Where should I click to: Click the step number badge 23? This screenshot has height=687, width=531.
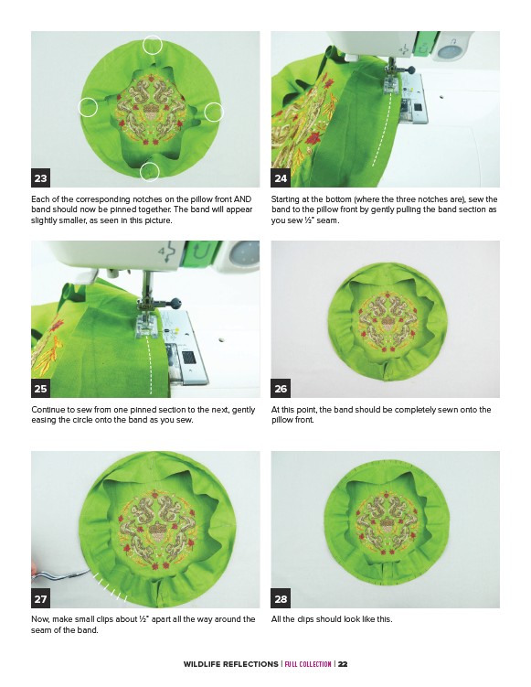point(41,177)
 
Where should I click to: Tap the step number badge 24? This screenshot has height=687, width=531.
point(281,177)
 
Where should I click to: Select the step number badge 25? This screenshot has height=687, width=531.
point(41,388)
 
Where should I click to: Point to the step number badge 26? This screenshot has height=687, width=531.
point(281,388)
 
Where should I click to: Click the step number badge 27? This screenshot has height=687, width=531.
point(41,598)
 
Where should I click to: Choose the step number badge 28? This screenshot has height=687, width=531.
point(281,598)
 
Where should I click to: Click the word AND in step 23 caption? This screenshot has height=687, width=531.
point(242,199)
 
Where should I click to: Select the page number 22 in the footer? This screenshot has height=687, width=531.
point(343,664)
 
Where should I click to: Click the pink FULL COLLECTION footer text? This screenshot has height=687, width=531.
point(308,664)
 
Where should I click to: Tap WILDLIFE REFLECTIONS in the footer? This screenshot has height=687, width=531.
point(230,664)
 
